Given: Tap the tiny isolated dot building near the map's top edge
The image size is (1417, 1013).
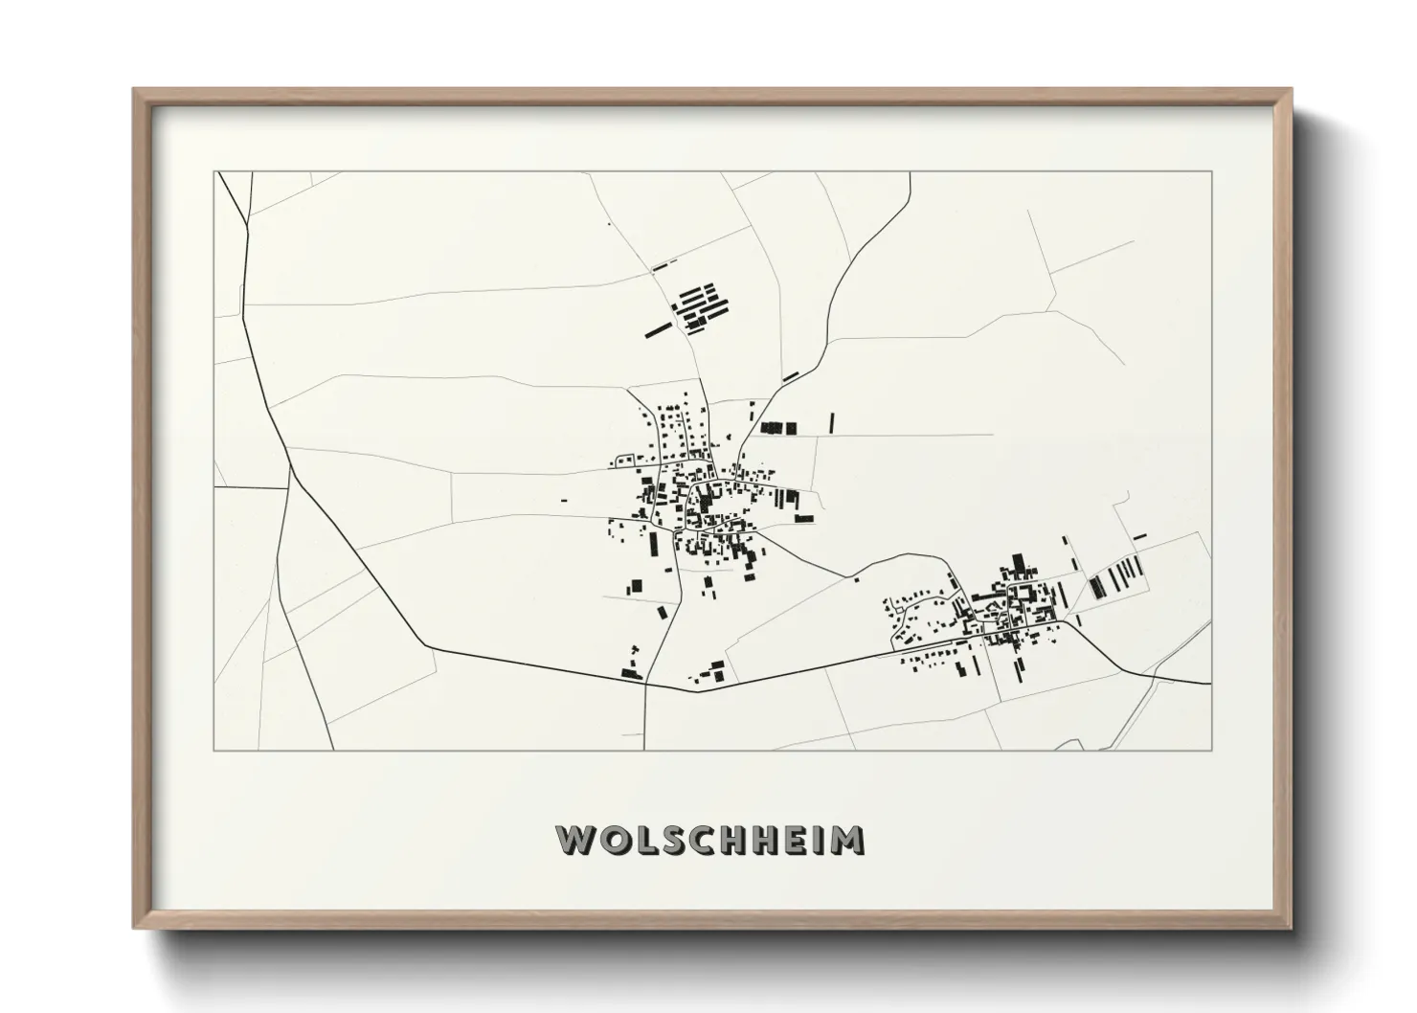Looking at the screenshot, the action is pos(608,224).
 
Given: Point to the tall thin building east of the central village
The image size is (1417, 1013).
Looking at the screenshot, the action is pos(832,422).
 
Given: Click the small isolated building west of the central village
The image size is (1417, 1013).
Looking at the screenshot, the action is pos(563,500).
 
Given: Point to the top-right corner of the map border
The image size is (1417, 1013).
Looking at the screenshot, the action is pos(1211,172).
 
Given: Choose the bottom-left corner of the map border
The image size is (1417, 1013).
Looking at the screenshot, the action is pos(214,750).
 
